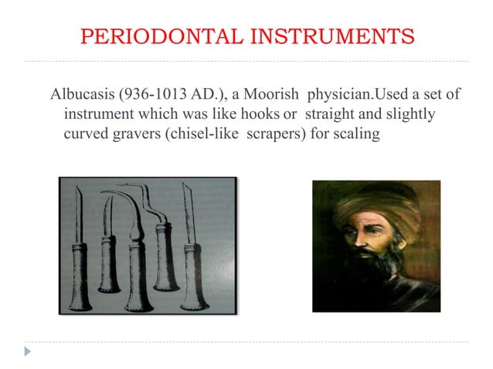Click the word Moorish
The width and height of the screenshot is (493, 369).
(274, 96)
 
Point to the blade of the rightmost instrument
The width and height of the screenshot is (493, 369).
(188, 208)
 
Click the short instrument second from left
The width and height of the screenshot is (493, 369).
(107, 247)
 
